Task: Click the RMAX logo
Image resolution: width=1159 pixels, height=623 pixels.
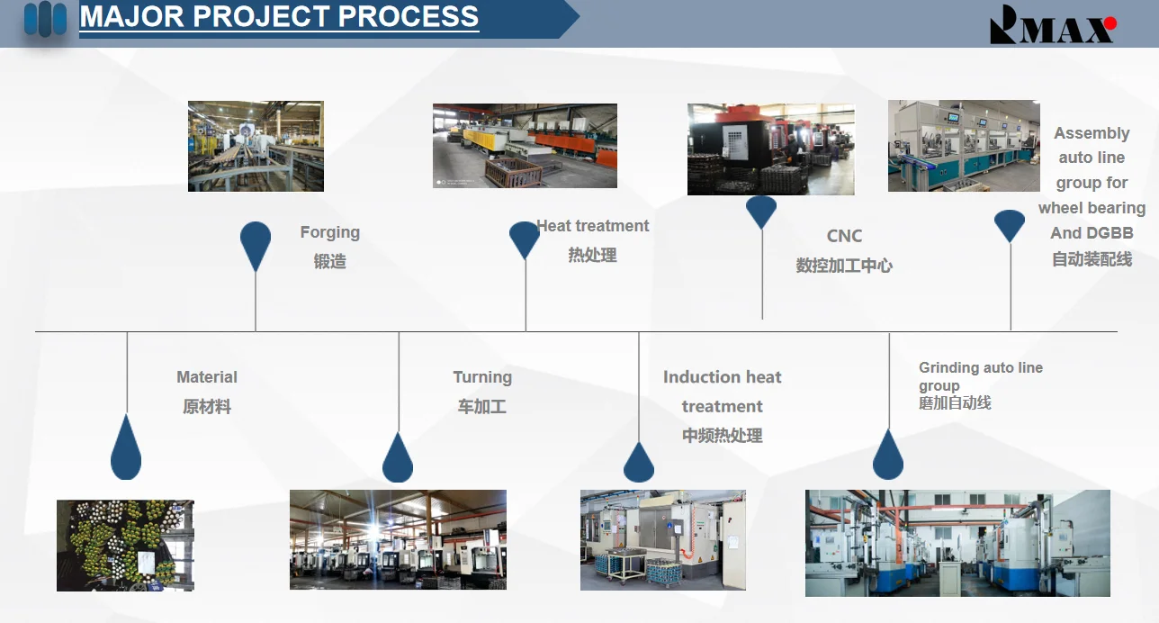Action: [1053, 24]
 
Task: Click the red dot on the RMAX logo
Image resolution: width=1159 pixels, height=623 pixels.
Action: [1110, 23]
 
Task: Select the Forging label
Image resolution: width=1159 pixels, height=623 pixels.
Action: [330, 232]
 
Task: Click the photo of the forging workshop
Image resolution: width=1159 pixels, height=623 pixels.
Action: [256, 146]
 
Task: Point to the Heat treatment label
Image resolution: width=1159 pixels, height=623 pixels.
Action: [592, 226]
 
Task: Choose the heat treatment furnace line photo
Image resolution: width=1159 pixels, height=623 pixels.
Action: [525, 146]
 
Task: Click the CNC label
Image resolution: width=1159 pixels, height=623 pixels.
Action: [844, 236]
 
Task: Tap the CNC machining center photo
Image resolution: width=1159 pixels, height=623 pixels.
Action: [771, 149]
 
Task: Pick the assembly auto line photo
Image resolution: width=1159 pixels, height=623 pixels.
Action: [964, 146]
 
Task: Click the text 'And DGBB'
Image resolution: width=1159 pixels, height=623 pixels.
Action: [1092, 233]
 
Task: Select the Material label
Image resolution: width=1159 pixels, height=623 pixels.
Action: [207, 377]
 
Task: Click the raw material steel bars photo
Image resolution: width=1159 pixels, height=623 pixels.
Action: [125, 546]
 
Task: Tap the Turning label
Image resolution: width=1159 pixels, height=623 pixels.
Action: [482, 377]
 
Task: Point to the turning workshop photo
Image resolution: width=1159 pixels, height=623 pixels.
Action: [398, 539]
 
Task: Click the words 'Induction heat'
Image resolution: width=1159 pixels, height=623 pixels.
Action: [723, 377]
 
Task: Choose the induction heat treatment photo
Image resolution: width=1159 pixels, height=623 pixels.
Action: [663, 540]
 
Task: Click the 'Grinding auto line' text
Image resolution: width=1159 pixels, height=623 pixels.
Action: [981, 367]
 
